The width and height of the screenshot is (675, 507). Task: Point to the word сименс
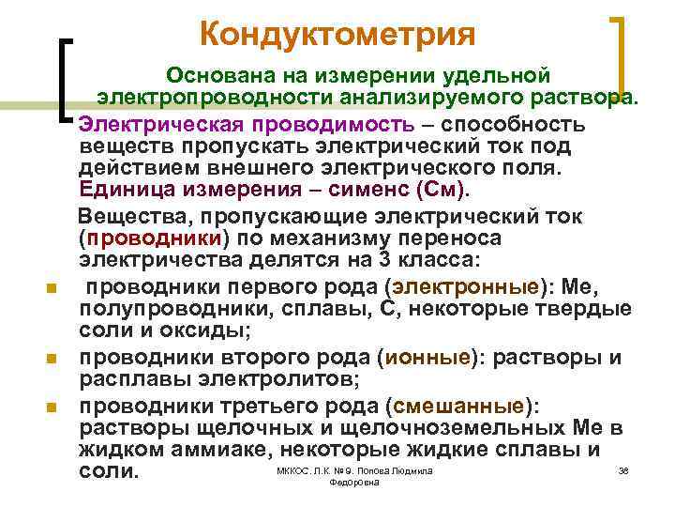tap(368, 189)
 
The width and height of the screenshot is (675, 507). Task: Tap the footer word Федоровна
tap(355, 482)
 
